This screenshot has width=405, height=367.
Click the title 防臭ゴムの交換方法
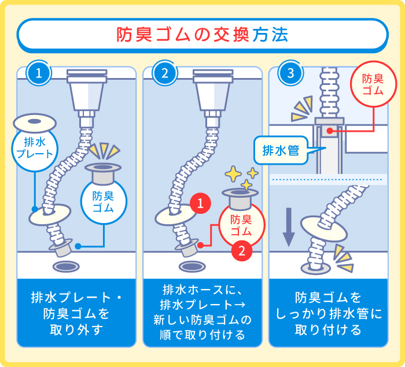[203, 35]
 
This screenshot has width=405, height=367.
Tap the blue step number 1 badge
[39, 73]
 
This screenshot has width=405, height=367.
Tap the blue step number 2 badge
[165, 73]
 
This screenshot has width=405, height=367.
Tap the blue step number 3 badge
[290, 73]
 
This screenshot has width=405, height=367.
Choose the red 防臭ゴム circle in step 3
[373, 85]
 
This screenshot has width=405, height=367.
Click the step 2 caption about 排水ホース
[202, 312]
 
